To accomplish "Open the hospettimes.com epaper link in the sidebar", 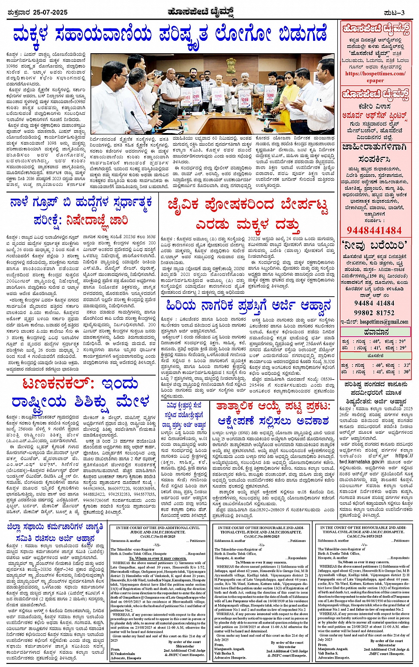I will click(x=375, y=77).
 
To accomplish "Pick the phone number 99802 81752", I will click(x=374, y=313).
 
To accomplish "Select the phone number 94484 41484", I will click(x=374, y=303).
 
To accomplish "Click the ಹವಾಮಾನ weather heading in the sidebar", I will click(x=375, y=331).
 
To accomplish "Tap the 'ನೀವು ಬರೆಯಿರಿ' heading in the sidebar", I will click(x=374, y=245).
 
